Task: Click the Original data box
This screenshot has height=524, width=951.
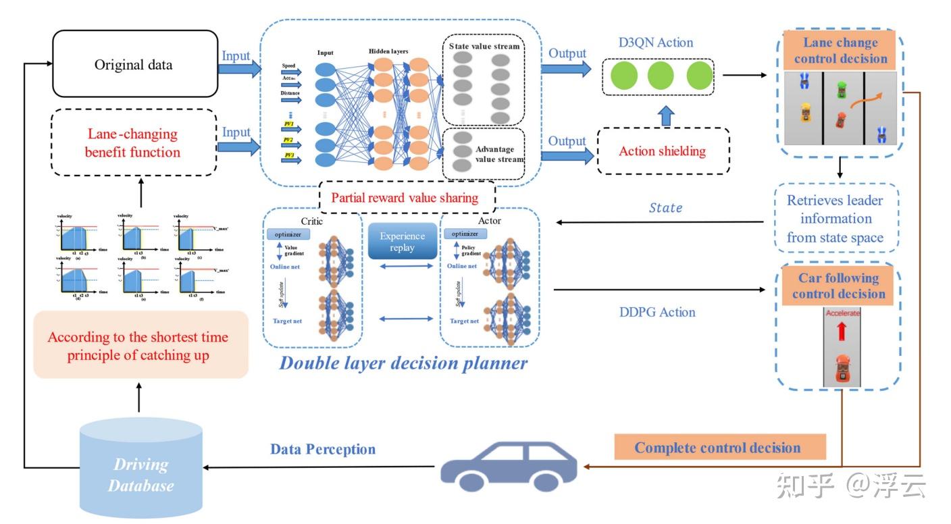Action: (133, 65)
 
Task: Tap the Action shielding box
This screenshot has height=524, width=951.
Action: (662, 151)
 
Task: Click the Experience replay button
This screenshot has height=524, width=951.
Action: (402, 242)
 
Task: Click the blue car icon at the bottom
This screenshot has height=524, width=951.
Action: (509, 466)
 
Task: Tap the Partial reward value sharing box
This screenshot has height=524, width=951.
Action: (405, 198)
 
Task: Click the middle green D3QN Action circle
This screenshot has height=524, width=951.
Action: (661, 76)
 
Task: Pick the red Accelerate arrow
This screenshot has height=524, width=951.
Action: (842, 331)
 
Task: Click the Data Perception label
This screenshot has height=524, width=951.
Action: (323, 449)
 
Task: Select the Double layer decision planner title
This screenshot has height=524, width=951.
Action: (403, 363)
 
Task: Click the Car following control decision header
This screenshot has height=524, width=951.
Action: (838, 286)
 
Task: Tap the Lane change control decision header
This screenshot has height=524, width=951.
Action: (840, 51)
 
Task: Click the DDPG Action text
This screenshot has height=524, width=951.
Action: (657, 312)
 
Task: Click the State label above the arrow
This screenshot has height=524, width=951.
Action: (665, 208)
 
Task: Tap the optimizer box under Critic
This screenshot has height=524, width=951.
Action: (288, 234)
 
